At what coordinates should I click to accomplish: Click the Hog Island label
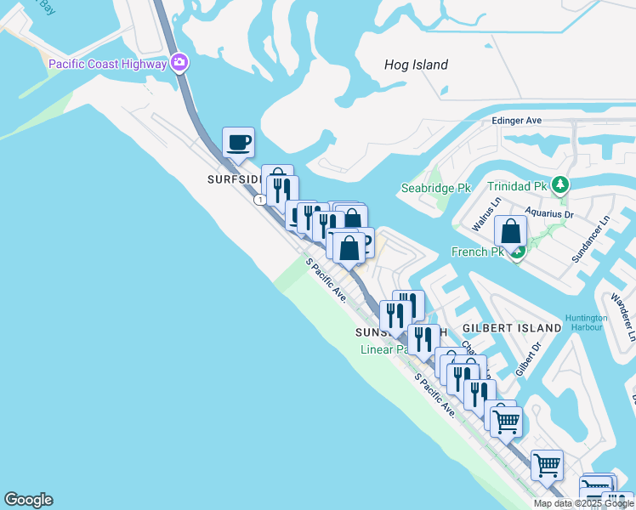416,65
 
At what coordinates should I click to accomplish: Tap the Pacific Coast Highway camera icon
179,63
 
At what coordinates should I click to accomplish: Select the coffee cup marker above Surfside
238,142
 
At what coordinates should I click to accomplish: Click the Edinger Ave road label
517,121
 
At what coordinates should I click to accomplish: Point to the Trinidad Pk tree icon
559,184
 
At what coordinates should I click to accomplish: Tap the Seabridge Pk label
430,188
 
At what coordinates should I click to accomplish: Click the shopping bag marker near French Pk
510,231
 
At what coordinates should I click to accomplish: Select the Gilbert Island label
512,328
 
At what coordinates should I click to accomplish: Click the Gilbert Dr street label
530,360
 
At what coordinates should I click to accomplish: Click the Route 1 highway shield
259,200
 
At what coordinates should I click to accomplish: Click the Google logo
28,500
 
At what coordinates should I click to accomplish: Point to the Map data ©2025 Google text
583,503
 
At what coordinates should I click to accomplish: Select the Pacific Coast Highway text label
108,64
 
